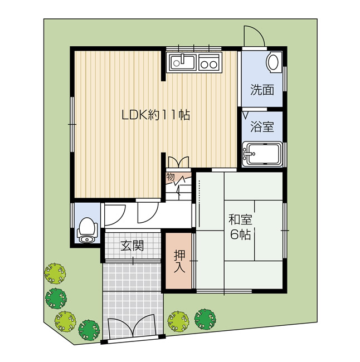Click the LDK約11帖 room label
[x=155, y=115]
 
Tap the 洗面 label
[x=262, y=90]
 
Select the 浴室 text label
[x=262, y=126]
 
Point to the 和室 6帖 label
[x=240, y=227]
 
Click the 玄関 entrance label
[x=133, y=246]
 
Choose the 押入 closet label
[x=179, y=261]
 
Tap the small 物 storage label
[x=171, y=177]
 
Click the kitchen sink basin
[x=182, y=62]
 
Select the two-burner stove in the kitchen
[x=209, y=62]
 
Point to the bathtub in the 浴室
[x=262, y=154]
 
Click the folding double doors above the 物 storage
[x=179, y=162]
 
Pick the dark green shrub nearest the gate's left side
[x=89, y=329]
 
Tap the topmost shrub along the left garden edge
[x=55, y=273]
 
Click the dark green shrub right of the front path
[x=205, y=319]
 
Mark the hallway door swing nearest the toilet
[x=115, y=214]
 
